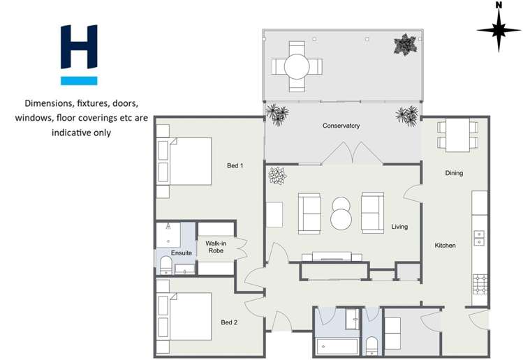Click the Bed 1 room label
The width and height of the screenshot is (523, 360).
pos(235,165)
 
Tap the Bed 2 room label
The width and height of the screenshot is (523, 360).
pos(230,322)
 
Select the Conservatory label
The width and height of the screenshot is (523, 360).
pos(341,126)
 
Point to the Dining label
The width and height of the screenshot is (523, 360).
pos(454,173)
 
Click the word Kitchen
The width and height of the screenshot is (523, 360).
pos(445,246)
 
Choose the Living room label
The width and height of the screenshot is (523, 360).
pos(399,227)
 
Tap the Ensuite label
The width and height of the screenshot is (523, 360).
pos(181,253)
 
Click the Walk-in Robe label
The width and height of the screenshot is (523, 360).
pos(216,247)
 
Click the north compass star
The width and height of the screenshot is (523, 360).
pos(499,31)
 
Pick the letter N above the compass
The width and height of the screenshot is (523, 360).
pos(499,5)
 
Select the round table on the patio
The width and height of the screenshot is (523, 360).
pos(297,67)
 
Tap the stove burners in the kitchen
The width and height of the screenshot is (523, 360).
pos(480,283)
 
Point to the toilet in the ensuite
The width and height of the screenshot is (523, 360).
pos(166,264)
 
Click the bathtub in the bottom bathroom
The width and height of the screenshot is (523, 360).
pos(337,346)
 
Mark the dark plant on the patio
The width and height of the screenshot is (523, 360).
pos(405,45)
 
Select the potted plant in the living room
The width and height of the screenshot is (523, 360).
pos(277,176)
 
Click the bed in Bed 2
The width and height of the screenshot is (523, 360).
pos(185,316)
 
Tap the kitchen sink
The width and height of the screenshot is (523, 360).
pos(480,238)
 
